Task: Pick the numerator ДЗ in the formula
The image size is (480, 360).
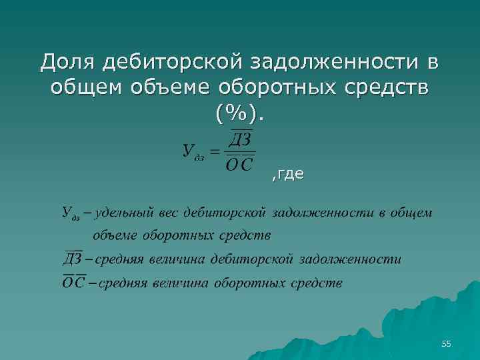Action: click(x=239, y=140)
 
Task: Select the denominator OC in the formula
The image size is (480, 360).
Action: click(x=239, y=165)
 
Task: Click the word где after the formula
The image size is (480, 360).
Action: click(x=289, y=175)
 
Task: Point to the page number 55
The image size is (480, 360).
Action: click(x=446, y=344)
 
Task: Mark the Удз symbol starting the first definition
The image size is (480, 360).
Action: click(x=71, y=213)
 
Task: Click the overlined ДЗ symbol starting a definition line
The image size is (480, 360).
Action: click(x=74, y=259)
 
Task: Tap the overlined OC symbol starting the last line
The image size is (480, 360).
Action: click(x=74, y=283)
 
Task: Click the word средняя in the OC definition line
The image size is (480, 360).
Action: click(x=123, y=283)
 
